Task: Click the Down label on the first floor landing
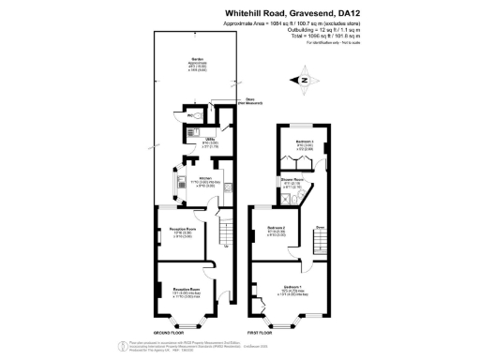tap(320, 227)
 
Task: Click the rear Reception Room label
tap(183, 228)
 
